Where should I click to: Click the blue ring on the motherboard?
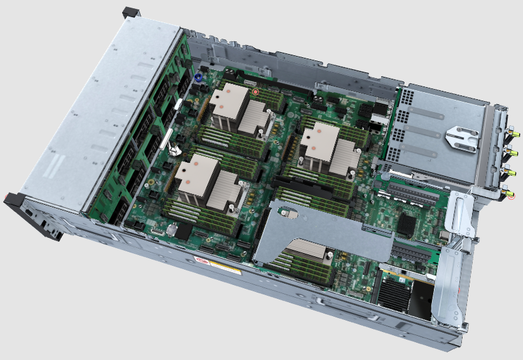(199, 77)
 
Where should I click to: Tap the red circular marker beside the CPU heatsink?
(255, 92)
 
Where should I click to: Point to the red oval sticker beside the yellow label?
(203, 260)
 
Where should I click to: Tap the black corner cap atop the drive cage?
(130, 11)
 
